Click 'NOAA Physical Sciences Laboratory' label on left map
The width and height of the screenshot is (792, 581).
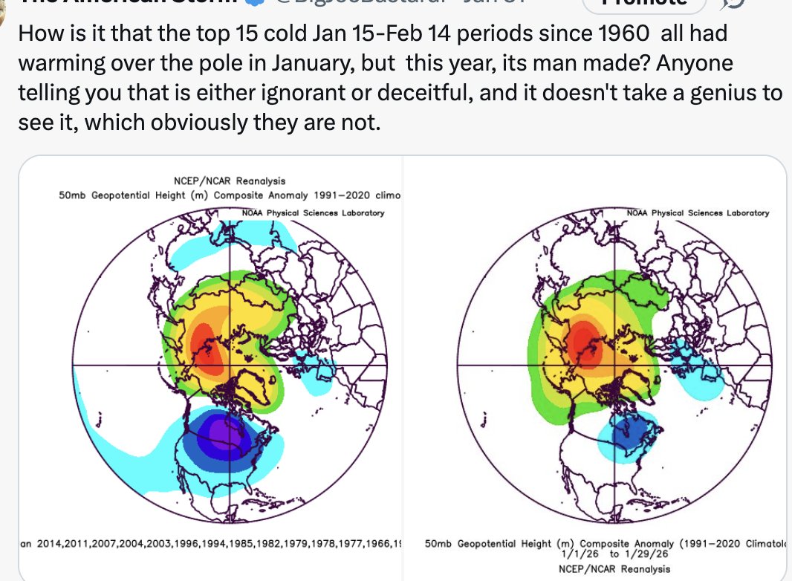(x=313, y=213)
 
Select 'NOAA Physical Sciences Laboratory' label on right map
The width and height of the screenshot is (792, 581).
(x=698, y=213)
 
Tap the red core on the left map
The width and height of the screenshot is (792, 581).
(x=203, y=345)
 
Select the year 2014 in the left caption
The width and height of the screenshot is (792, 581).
(x=48, y=545)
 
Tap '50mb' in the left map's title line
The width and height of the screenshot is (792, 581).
(x=72, y=195)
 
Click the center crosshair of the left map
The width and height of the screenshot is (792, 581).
(x=230, y=366)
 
